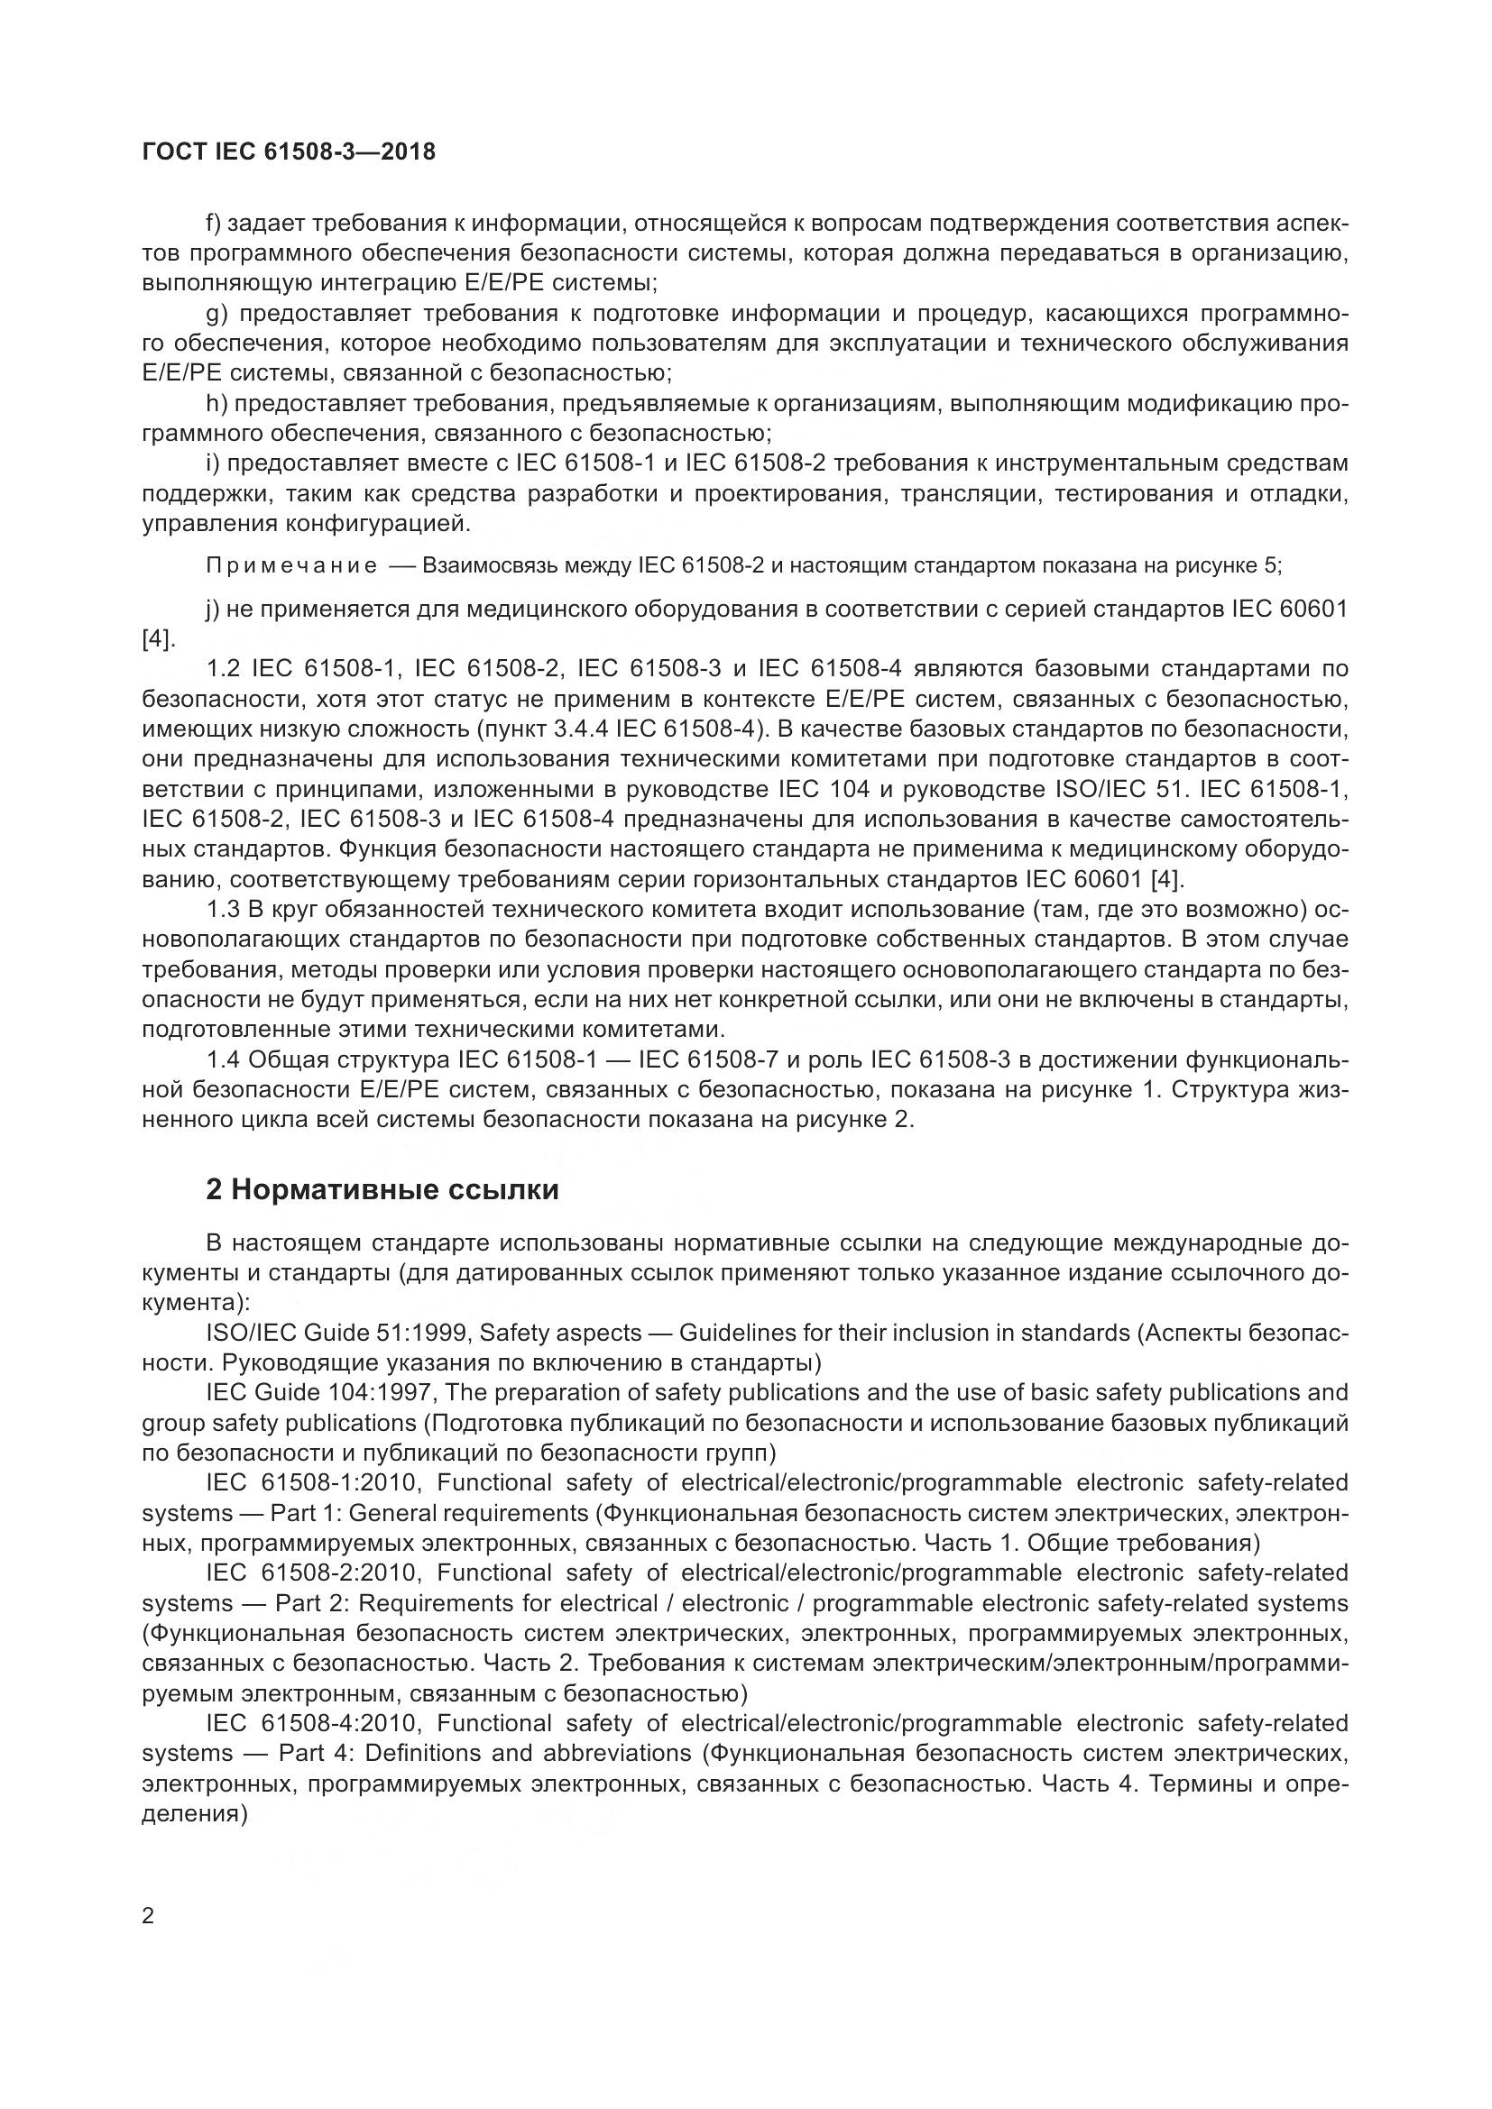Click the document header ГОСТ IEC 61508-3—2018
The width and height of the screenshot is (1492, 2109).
click(x=289, y=151)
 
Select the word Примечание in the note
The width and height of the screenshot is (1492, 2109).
click(x=291, y=565)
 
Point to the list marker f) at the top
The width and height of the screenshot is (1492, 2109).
click(x=215, y=224)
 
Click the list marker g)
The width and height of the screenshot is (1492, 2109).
click(x=216, y=313)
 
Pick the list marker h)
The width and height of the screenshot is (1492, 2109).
click(x=215, y=403)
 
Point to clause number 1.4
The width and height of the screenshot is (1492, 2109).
click(x=223, y=1060)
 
